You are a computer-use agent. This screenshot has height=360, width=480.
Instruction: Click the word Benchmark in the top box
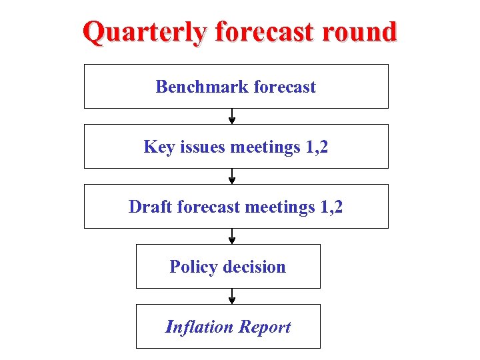pos(194,87)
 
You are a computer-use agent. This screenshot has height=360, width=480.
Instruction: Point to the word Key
pos(159,147)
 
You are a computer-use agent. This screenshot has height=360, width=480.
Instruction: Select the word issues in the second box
pos(201,147)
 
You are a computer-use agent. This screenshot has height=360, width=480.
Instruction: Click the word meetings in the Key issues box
pos(265,147)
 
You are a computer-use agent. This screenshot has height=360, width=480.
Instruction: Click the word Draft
pos(151,207)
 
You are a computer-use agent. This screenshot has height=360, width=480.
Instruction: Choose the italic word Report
pos(265,327)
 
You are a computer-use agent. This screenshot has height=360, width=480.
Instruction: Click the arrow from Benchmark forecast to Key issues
pos(232,116)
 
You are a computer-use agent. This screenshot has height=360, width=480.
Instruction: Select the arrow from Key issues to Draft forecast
pos(232,176)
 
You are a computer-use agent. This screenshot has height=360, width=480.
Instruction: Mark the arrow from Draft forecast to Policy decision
pos(232,236)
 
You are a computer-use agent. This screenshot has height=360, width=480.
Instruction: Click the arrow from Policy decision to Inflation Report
pos(232,296)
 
